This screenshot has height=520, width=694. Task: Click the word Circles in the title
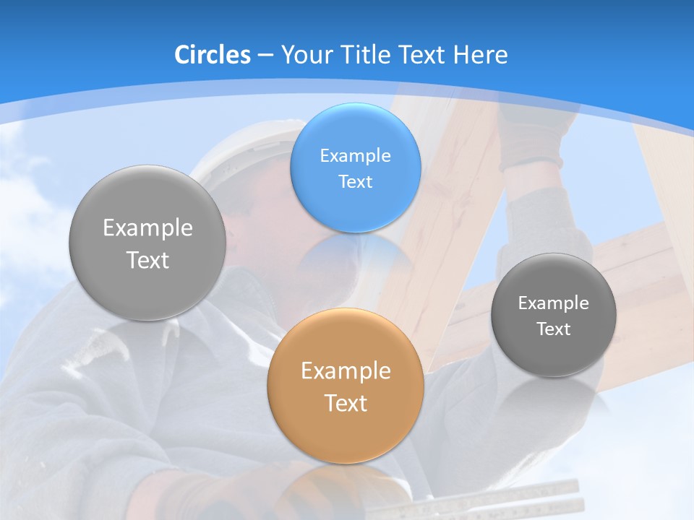(x=213, y=55)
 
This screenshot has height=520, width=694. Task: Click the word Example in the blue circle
(x=355, y=155)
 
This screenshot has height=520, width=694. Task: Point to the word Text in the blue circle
(x=355, y=181)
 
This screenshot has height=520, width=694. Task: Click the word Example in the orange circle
(x=346, y=370)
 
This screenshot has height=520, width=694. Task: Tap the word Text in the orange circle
(x=346, y=403)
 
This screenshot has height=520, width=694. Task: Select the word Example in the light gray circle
(x=147, y=227)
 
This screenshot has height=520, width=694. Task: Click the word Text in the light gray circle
(x=147, y=260)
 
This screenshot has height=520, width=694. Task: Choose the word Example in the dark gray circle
(x=554, y=303)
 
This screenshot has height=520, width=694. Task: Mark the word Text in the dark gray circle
(x=554, y=329)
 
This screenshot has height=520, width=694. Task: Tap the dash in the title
(x=265, y=56)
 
